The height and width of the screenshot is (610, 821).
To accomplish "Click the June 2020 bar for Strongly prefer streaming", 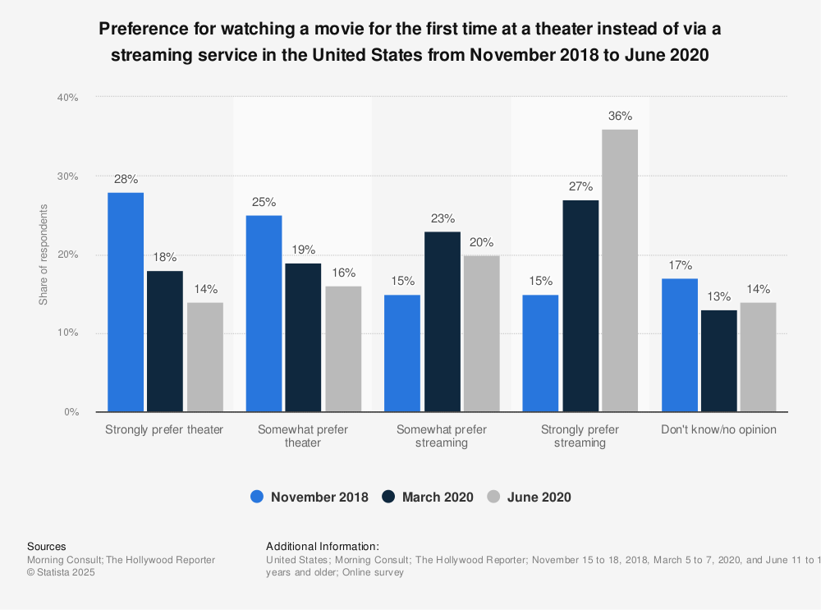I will (620, 270).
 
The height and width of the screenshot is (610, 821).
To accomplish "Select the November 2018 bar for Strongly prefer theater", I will (126, 302).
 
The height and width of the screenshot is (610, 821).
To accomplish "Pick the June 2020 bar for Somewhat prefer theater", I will (343, 349).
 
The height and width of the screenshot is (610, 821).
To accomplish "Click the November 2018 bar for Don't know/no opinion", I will (679, 345).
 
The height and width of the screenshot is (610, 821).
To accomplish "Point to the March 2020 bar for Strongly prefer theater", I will (165, 342).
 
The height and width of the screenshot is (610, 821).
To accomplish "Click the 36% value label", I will (620, 116).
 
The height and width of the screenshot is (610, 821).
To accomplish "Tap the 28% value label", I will (126, 179).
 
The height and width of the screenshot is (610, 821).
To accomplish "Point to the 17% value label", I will (679, 265).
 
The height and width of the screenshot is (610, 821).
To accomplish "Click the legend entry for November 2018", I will (310, 497).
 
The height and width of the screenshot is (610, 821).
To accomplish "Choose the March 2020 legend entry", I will (428, 497).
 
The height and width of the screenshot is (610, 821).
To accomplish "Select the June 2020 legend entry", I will (530, 497).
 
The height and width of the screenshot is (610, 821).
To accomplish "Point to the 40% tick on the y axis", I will (67, 98).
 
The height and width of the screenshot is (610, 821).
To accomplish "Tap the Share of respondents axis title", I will (44, 255).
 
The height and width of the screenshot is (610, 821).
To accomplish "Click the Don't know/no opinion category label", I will (718, 430).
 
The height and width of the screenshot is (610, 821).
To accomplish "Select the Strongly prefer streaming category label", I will (580, 436).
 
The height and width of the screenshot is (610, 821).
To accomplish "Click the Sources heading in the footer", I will (47, 546).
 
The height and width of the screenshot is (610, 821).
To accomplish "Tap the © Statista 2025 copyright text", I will (62, 572).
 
